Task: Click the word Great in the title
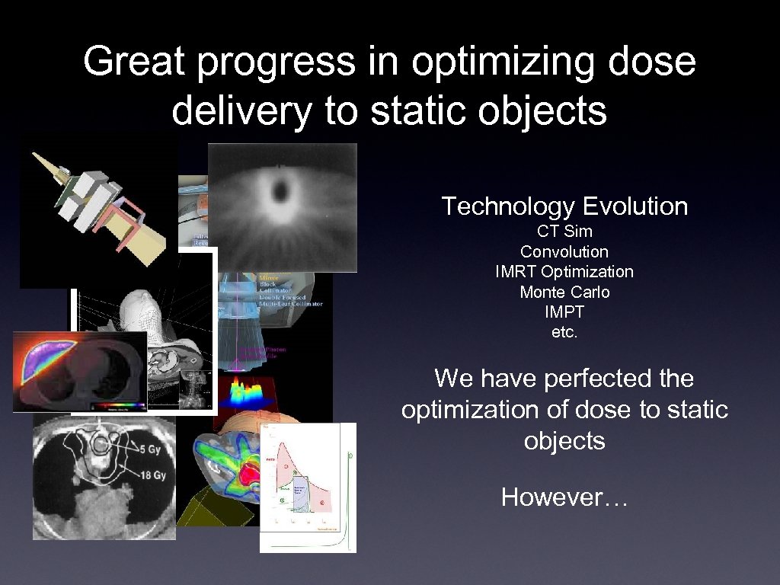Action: (x=133, y=62)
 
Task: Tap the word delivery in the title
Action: (x=241, y=111)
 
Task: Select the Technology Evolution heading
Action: (x=564, y=206)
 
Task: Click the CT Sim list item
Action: (x=564, y=232)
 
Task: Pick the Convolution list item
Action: (x=564, y=251)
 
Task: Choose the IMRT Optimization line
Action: (x=564, y=271)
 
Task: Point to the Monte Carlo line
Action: (x=564, y=292)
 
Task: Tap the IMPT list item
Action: (x=564, y=312)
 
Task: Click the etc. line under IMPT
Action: (x=564, y=332)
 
